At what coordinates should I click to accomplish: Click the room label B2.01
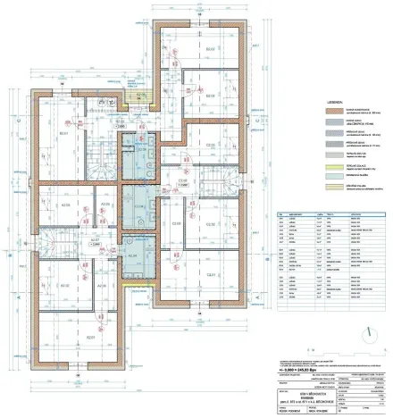point(65,135)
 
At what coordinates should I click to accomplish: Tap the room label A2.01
point(89,339)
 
